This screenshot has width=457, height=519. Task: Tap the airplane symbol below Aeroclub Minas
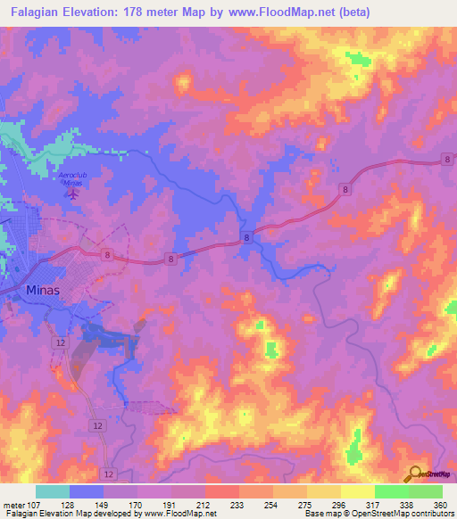75,193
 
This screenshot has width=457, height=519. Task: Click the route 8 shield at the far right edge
446,160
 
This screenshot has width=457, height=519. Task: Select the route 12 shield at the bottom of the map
109,473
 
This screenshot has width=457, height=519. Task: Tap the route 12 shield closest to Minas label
61,342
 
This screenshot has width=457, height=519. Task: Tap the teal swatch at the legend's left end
53,491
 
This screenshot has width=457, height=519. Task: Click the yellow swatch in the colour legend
357,491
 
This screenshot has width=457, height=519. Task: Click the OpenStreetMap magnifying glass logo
415,474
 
